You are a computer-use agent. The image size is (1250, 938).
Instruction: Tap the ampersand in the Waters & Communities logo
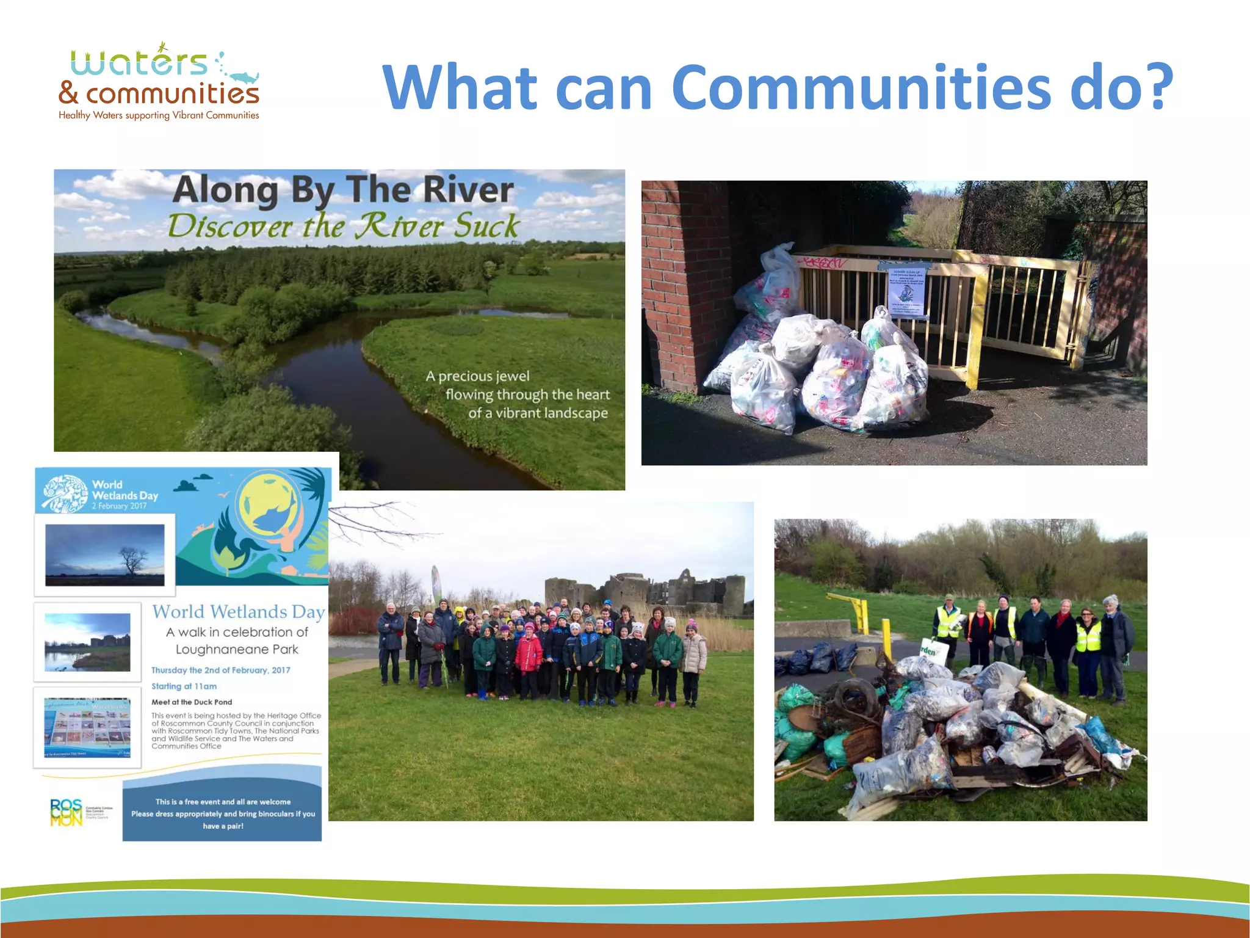68,93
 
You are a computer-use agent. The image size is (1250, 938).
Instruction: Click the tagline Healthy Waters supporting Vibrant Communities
159,115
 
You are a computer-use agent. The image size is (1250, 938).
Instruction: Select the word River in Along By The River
468,189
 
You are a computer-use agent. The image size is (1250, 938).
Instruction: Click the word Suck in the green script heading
486,227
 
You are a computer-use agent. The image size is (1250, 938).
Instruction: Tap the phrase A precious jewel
477,376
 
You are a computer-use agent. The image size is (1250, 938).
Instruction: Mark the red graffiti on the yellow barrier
822,263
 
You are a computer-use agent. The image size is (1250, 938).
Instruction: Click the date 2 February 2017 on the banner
119,506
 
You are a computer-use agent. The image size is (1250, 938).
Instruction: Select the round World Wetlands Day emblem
64,493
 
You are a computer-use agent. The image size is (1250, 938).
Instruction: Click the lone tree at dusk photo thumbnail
104,554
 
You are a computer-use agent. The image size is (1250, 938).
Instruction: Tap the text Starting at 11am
184,686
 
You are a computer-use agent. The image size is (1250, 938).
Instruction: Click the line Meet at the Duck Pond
192,702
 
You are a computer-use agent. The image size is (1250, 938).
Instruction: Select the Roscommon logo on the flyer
66,813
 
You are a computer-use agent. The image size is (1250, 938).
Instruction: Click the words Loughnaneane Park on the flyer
237,650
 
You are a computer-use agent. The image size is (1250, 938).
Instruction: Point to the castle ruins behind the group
647,590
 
